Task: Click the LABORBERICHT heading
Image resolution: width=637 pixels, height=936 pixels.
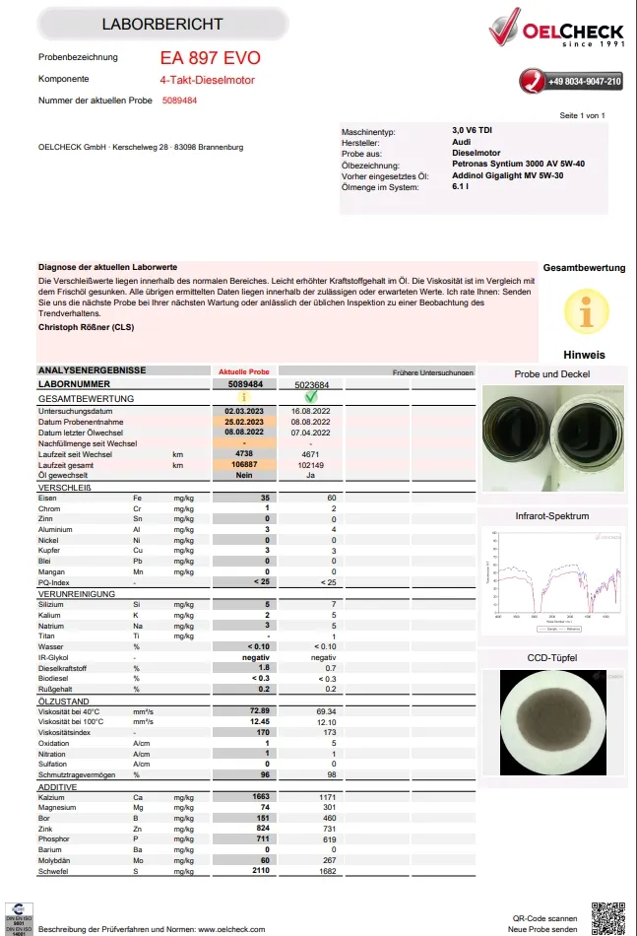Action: [161, 24]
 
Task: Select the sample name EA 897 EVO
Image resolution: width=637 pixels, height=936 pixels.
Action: [210, 58]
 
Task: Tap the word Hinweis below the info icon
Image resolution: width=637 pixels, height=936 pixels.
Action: [584, 355]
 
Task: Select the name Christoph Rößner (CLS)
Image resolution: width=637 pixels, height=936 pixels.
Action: [87, 325]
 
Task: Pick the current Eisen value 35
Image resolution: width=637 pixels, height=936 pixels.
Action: [264, 499]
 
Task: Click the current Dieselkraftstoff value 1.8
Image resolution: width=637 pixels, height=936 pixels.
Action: [264, 667]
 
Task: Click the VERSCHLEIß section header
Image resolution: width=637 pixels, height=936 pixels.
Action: [65, 488]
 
